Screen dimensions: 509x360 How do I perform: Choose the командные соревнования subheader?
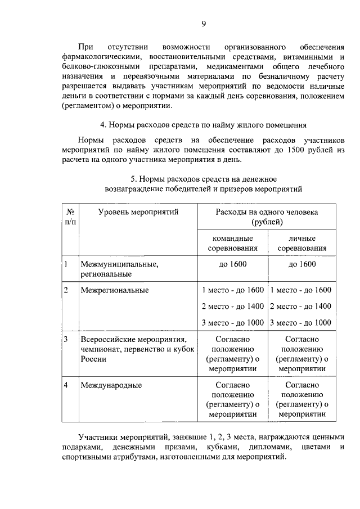[232, 243]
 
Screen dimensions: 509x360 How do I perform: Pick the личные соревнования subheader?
[301, 243]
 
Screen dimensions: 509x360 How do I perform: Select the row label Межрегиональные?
[115, 290]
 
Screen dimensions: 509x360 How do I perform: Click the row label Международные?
[111, 385]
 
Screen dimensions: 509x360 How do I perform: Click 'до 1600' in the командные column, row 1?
[232, 264]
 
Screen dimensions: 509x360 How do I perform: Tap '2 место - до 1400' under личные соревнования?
[300, 306]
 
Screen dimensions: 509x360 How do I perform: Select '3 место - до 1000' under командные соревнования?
[232, 322]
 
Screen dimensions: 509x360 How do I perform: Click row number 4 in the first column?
[66, 385]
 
